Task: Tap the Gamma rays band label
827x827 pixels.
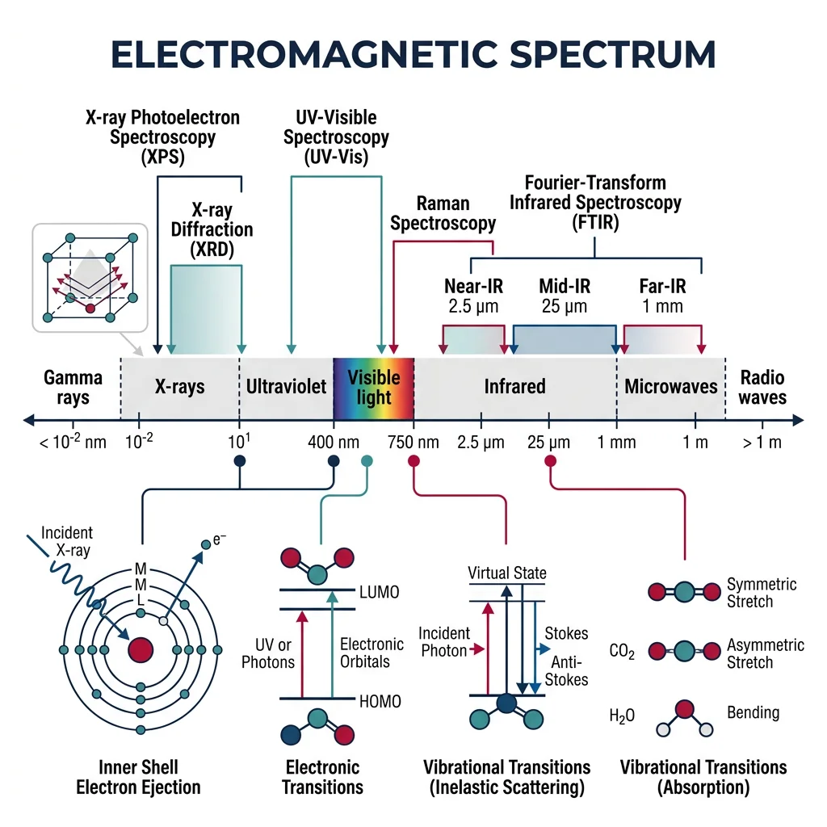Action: (73, 388)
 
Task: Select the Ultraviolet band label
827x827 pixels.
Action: (286, 387)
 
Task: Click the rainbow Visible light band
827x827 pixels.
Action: (373, 387)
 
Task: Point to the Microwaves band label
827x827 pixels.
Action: (671, 387)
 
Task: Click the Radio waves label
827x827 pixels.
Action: (762, 388)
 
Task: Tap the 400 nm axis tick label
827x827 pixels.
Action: (334, 442)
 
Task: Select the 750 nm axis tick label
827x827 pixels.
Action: (413, 442)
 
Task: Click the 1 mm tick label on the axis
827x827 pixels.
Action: (617, 442)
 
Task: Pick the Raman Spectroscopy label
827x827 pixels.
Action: (443, 214)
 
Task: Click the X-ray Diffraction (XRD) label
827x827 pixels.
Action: (212, 230)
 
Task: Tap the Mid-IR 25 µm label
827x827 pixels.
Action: (565, 296)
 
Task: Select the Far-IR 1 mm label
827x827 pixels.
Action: (662, 296)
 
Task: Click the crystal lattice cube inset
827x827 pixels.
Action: (89, 277)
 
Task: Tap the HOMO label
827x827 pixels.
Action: (380, 702)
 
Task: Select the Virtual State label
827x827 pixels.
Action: (507, 573)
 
